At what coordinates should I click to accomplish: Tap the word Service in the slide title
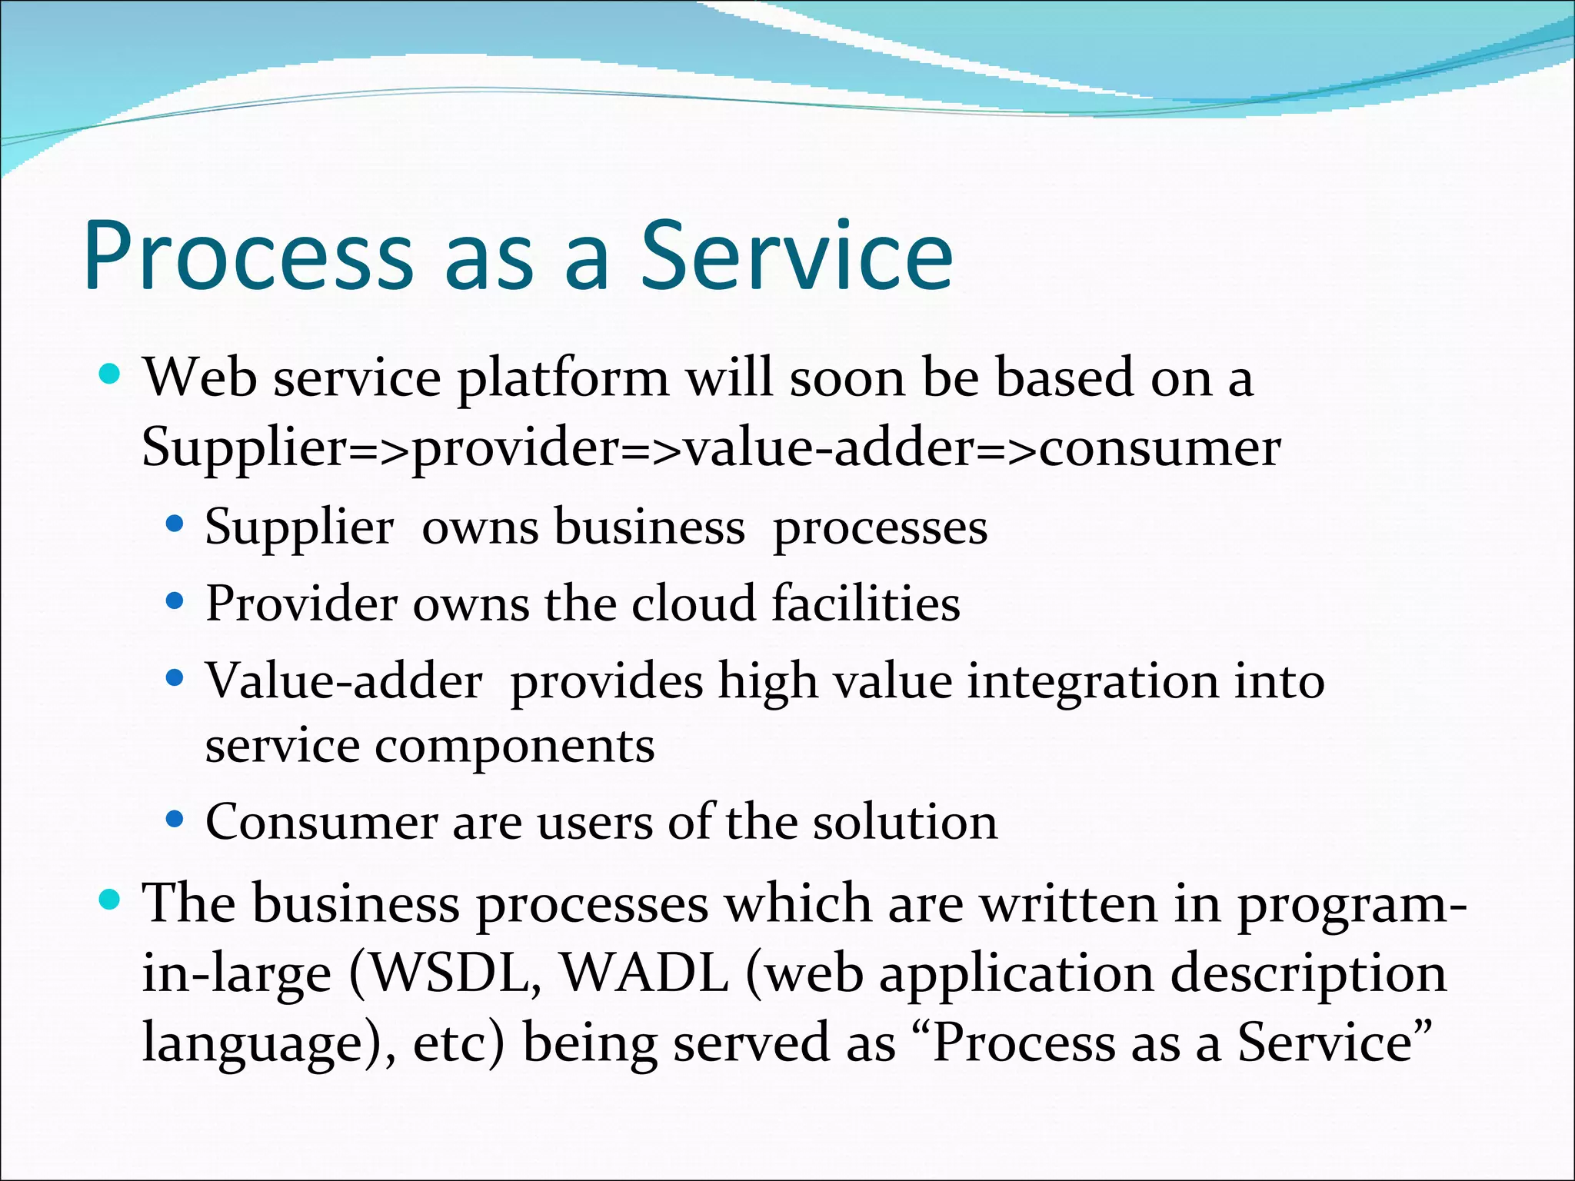797,255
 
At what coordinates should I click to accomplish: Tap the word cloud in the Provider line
694,603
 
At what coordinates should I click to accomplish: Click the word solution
905,821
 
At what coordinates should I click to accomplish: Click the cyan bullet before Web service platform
111,374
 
